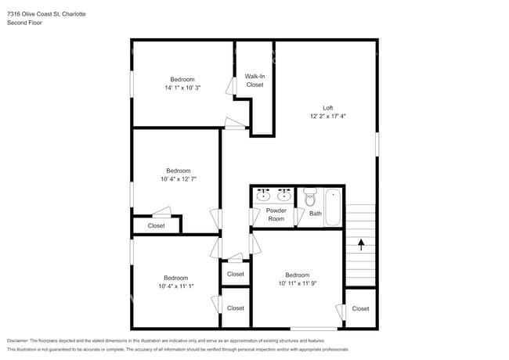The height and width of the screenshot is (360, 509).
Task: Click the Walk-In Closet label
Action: [254, 80]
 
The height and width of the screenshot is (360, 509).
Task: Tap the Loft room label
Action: [327, 107]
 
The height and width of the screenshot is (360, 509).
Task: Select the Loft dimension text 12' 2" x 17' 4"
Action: [327, 116]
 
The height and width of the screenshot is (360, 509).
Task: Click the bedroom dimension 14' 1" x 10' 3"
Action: [182, 88]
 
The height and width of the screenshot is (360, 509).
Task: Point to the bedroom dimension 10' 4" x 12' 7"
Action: [178, 178]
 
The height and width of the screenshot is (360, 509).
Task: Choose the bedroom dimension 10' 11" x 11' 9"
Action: [297, 283]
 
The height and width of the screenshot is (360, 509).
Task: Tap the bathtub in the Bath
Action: [334, 207]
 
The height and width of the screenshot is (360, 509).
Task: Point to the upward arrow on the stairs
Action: [360, 244]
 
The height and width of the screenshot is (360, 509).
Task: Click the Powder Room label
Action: [276, 214]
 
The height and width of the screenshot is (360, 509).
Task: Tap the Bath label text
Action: [315, 213]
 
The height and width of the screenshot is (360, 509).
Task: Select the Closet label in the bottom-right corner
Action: [360, 308]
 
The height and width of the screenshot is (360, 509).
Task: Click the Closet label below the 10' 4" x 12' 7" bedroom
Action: [156, 226]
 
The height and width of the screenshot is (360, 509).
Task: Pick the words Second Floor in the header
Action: [24, 23]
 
